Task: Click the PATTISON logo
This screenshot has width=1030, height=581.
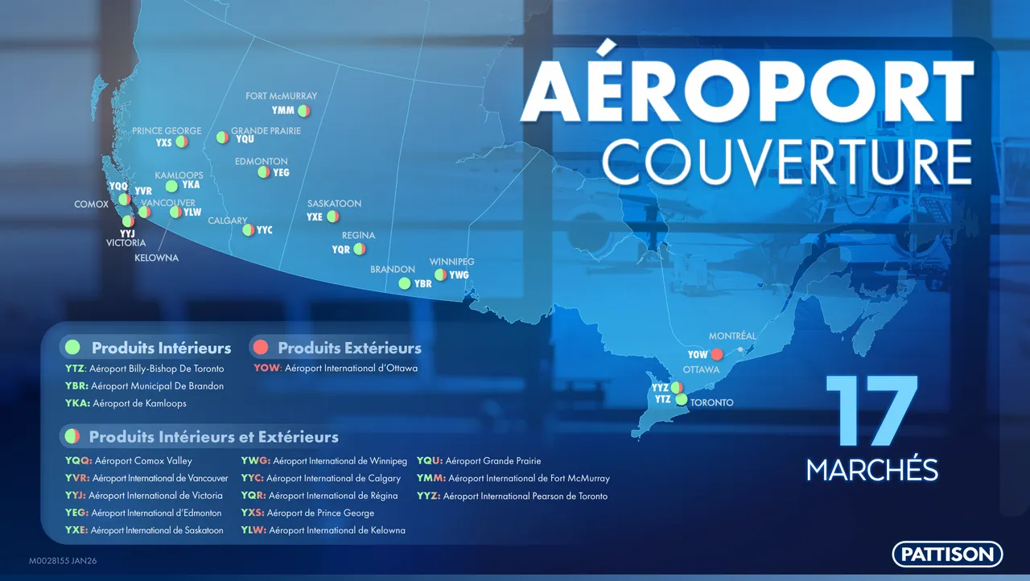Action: pyautogui.click(x=947, y=554)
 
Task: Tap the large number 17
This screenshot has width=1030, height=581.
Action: pyautogui.click(x=871, y=410)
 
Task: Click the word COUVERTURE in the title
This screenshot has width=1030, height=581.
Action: pyautogui.click(x=787, y=162)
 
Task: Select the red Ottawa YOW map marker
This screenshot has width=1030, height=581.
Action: pyautogui.click(x=717, y=354)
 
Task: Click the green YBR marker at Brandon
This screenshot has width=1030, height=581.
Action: pyautogui.click(x=405, y=283)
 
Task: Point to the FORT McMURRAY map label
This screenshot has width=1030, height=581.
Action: pyautogui.click(x=282, y=96)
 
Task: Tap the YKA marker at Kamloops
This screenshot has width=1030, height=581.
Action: pyautogui.click(x=171, y=186)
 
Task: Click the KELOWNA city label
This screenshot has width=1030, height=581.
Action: pyautogui.click(x=156, y=258)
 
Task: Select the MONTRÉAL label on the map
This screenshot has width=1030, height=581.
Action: pyautogui.click(x=732, y=336)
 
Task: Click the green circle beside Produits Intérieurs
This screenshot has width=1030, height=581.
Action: pyautogui.click(x=72, y=348)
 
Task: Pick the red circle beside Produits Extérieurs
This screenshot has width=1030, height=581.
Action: pyautogui.click(x=261, y=348)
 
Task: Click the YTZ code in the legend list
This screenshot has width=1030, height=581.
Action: pyautogui.click(x=76, y=369)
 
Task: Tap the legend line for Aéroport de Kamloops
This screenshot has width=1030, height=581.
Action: pyautogui.click(x=126, y=403)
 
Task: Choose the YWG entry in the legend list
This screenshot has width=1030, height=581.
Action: pyautogui.click(x=323, y=460)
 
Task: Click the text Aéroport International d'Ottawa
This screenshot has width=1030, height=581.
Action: pyautogui.click(x=352, y=369)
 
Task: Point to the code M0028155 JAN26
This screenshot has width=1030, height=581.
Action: pyautogui.click(x=63, y=561)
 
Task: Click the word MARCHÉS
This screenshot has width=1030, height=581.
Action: pyautogui.click(x=871, y=469)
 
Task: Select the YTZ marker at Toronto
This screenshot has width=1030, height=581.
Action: pyautogui.click(x=682, y=399)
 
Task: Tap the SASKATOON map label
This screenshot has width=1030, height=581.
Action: pyautogui.click(x=334, y=204)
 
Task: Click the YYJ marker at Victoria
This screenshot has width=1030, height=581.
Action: pyautogui.click(x=128, y=221)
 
